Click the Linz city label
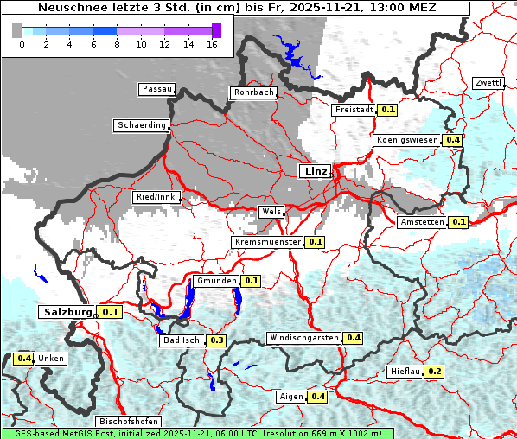(315, 171)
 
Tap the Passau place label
(156, 89)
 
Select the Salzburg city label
(67, 311)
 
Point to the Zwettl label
(488, 83)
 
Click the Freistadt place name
(354, 110)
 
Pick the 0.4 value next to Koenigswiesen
(453, 140)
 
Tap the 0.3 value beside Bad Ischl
(217, 340)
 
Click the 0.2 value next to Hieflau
(435, 372)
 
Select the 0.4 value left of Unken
(24, 358)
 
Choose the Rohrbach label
(252, 92)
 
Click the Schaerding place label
(141, 125)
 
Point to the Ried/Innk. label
(156, 197)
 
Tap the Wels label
(271, 212)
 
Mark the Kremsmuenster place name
(267, 242)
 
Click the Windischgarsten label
(303, 337)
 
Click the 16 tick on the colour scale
(212, 43)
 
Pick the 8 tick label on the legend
(118, 43)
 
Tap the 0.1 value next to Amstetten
(458, 222)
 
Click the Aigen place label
(291, 397)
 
